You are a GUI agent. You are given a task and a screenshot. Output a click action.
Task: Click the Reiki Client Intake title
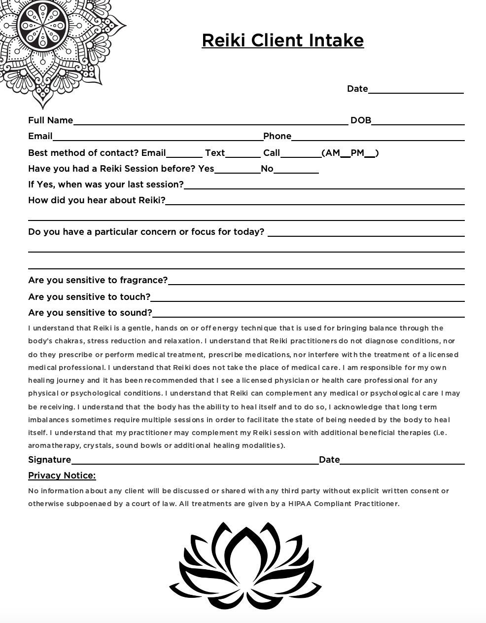tap(282, 40)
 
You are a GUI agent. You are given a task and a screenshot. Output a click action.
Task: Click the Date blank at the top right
tap(416, 90)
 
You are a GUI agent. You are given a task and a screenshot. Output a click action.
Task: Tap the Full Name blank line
tap(210, 121)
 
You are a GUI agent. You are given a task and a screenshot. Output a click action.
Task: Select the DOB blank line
tap(418, 121)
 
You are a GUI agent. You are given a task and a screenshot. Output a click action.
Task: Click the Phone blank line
tap(378, 137)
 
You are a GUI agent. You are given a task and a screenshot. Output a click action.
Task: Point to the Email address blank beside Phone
tap(158, 137)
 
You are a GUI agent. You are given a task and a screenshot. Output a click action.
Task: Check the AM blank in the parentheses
tap(345, 154)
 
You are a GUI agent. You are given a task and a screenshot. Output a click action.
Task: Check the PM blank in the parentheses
tap(369, 154)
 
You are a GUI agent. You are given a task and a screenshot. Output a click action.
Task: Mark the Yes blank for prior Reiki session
tap(237, 170)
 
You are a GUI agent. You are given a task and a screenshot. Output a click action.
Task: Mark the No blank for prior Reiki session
tap(296, 170)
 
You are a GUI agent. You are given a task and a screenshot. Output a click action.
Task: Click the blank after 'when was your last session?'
tap(324, 185)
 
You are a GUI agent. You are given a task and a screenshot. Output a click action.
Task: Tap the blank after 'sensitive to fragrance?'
tap(316, 281)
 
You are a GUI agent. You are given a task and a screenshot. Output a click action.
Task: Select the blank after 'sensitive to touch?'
tap(307, 298)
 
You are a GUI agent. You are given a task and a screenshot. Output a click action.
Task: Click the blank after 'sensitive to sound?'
tap(308, 314)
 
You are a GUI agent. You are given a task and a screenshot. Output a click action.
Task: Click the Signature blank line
tap(195, 461)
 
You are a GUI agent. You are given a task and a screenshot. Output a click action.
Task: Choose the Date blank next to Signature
tap(402, 461)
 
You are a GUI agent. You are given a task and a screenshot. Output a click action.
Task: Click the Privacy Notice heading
tap(62, 476)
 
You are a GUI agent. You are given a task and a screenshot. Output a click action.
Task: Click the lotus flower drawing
tap(245, 566)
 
